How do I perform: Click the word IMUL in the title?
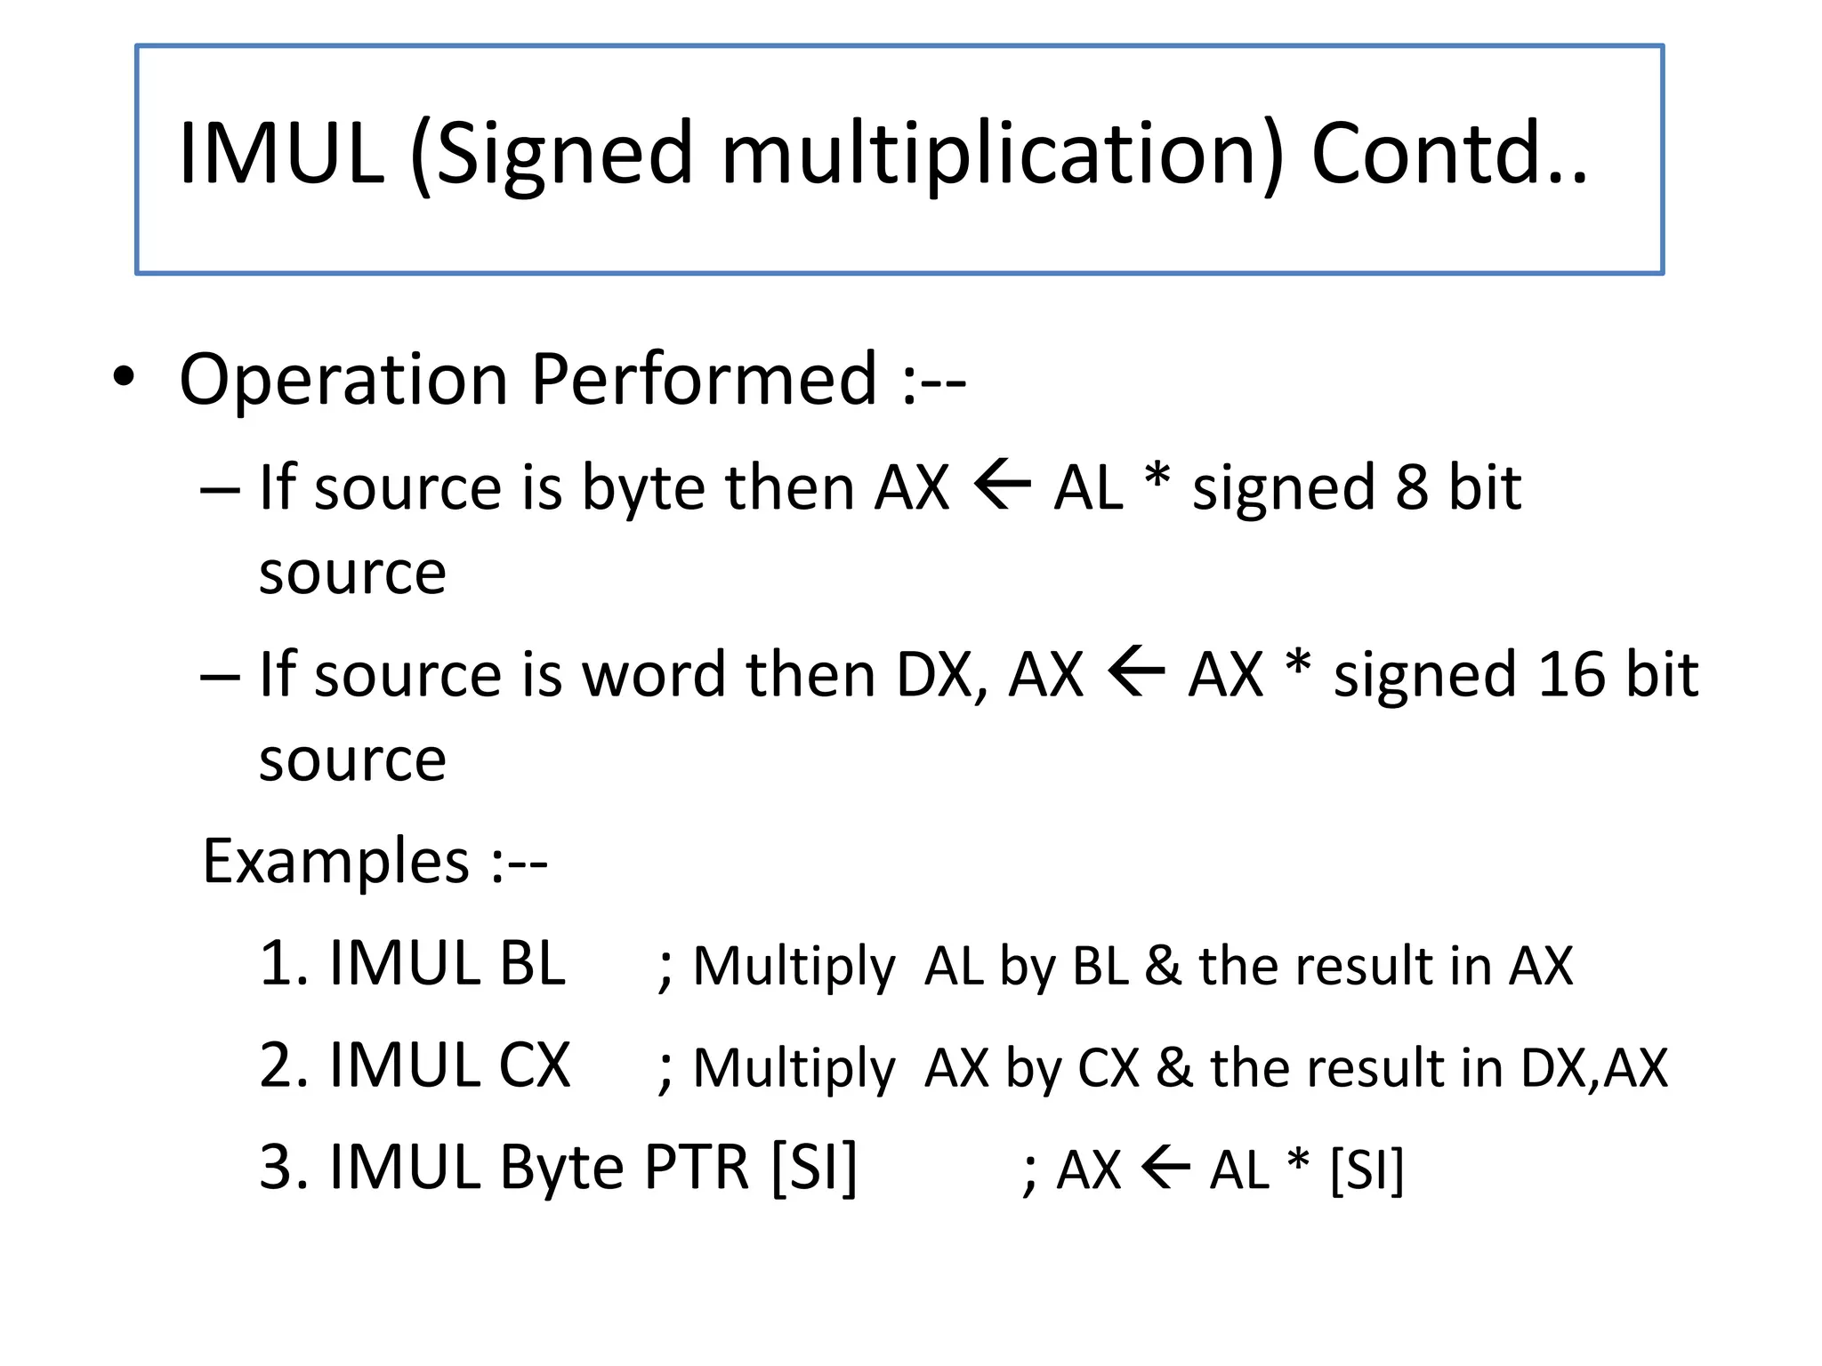[281, 153]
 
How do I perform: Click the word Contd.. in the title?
[1448, 153]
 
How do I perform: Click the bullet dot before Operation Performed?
[124, 377]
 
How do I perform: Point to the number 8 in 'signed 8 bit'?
[1412, 487]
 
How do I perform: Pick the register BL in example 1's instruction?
[532, 964]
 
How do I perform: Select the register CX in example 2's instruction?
[534, 1065]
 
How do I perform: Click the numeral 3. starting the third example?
[283, 1167]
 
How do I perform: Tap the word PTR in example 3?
[697, 1167]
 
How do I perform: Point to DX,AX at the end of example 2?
[1593, 1068]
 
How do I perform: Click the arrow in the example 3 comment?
[1165, 1169]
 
